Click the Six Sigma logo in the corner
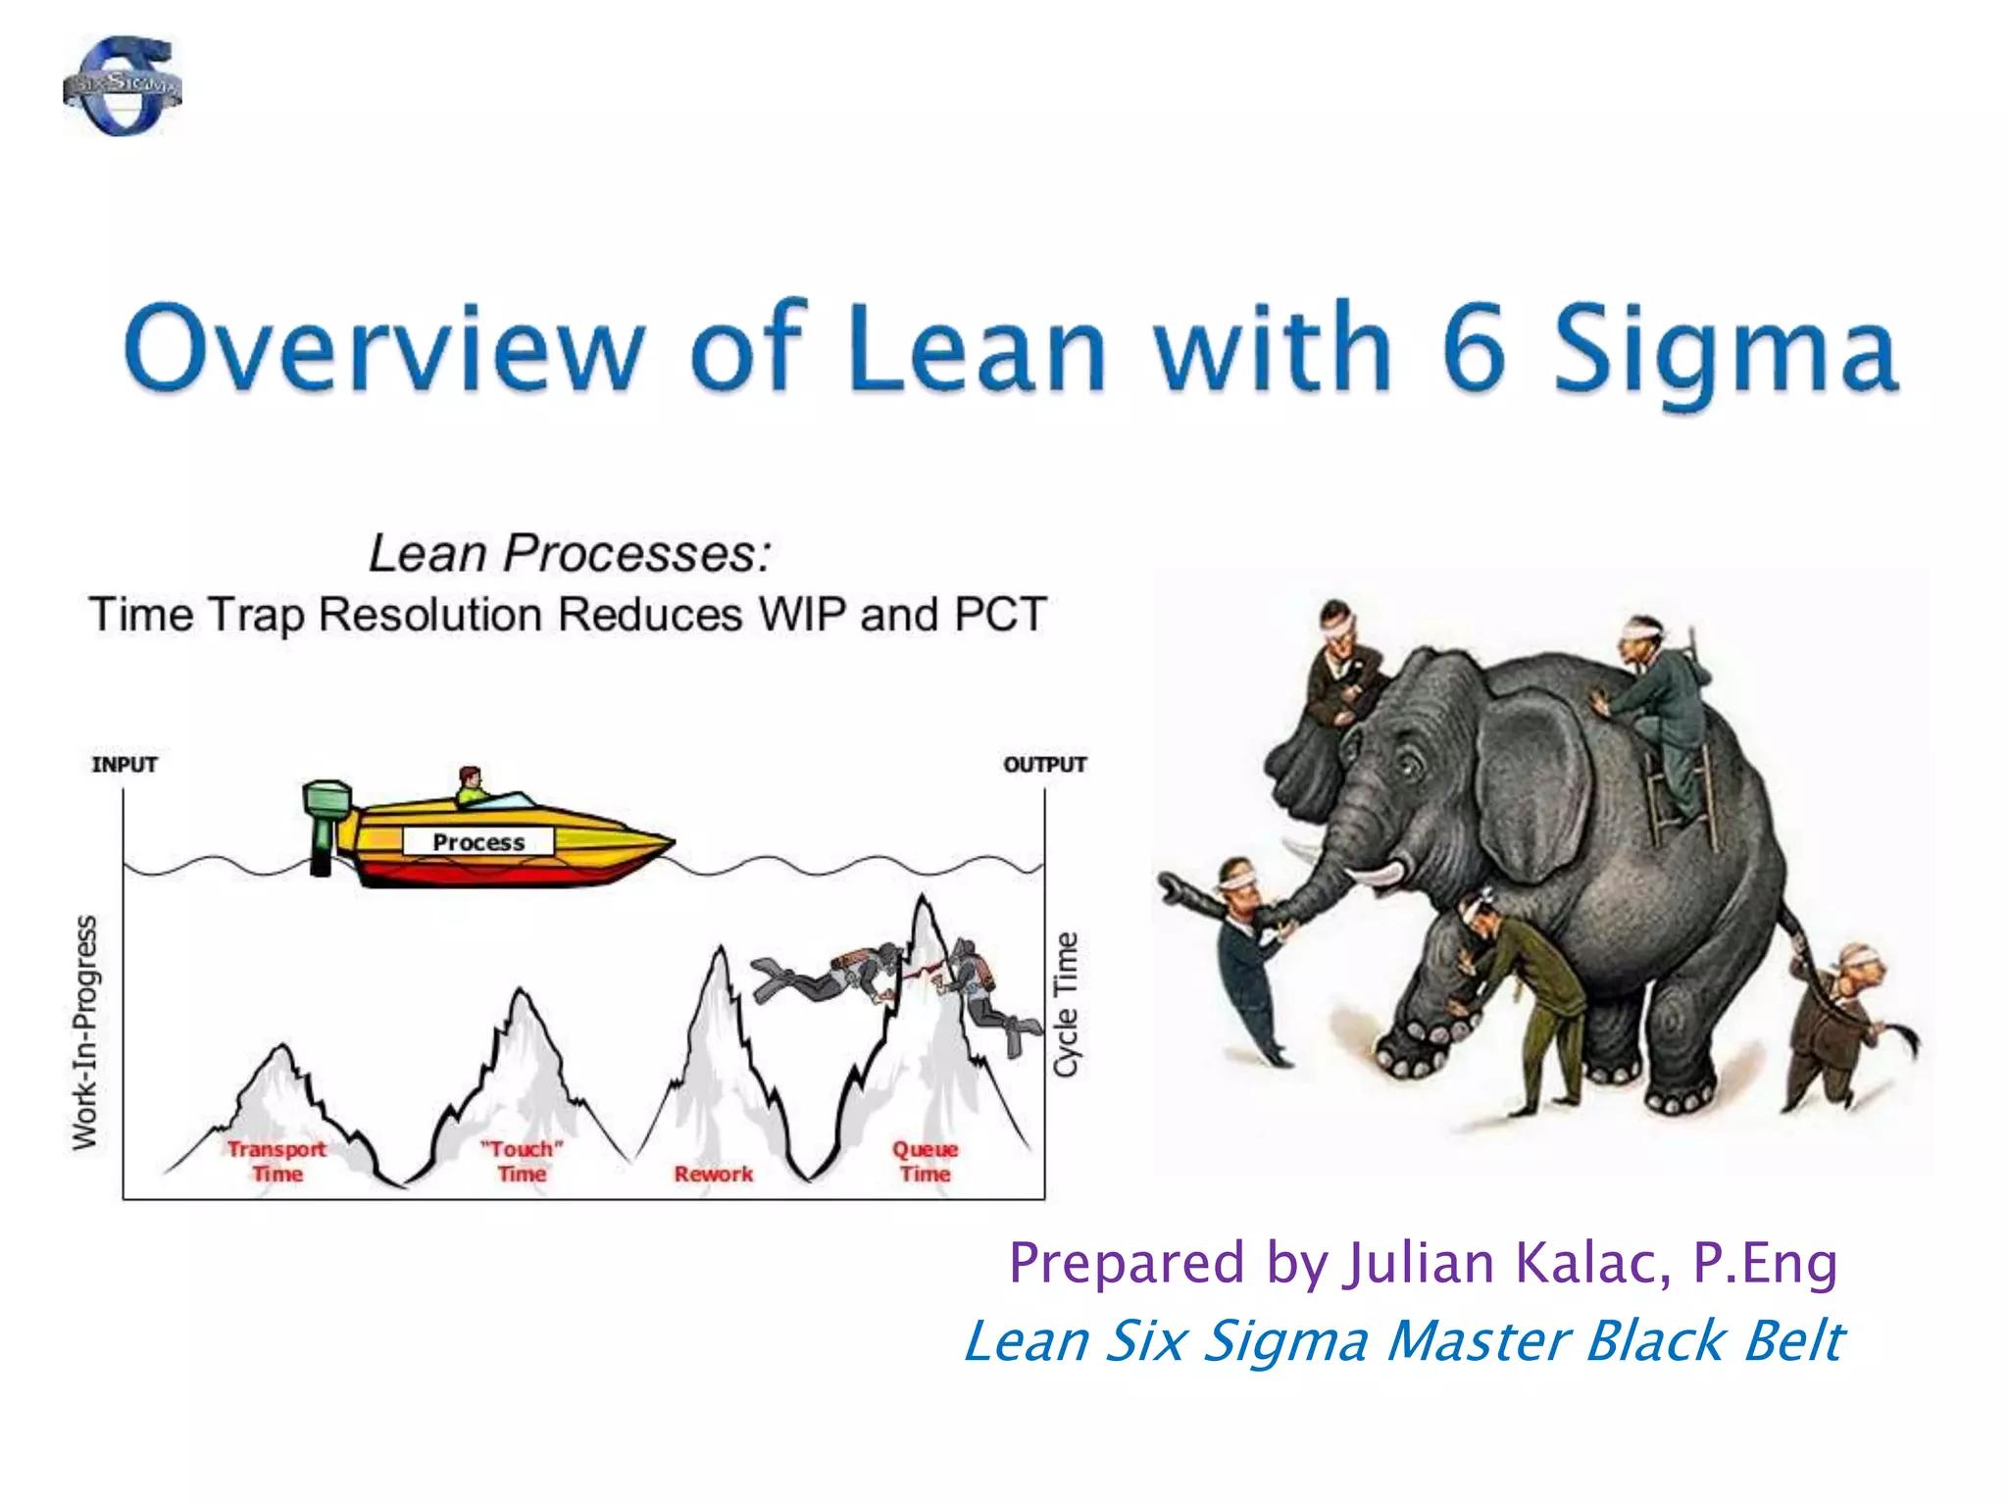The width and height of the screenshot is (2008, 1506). (x=123, y=86)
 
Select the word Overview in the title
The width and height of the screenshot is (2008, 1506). (x=382, y=348)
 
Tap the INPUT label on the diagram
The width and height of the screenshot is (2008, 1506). (x=125, y=765)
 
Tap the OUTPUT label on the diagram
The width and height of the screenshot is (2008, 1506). (x=1044, y=765)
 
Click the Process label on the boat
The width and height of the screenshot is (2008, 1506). (x=478, y=842)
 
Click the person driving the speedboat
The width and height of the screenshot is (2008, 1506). (x=472, y=784)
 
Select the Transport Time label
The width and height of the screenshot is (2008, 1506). (x=277, y=1161)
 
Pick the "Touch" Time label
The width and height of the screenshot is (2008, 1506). (x=522, y=1161)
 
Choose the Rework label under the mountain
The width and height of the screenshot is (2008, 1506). (x=714, y=1174)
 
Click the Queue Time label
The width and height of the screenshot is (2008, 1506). (x=925, y=1161)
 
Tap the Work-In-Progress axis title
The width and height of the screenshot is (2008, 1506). (x=86, y=1031)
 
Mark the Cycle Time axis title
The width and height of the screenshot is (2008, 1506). (x=1066, y=1004)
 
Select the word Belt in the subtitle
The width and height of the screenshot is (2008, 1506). (x=1794, y=1341)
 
